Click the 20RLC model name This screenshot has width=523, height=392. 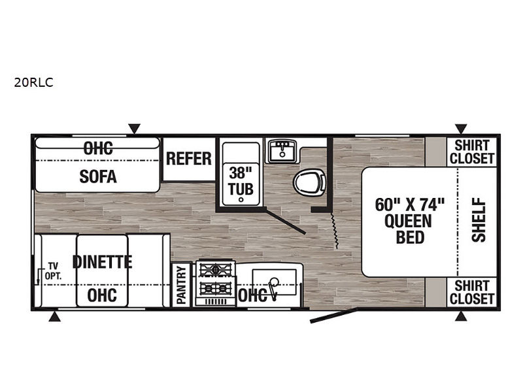[x=33, y=82]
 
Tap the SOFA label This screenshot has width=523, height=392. [x=98, y=176]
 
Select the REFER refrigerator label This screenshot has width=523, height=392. [x=189, y=159]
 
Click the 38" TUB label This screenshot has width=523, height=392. [x=241, y=182]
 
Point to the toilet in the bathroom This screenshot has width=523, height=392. [x=309, y=182]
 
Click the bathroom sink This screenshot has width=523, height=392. [x=282, y=152]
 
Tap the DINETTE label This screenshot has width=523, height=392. [x=103, y=262]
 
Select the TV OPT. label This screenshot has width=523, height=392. [x=53, y=271]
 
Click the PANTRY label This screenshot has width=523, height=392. [x=181, y=285]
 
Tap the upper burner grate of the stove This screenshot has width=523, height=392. [x=215, y=269]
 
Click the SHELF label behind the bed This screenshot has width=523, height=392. [x=479, y=220]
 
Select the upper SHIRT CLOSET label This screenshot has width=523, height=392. [x=471, y=152]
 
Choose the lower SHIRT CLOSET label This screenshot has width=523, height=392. [x=471, y=292]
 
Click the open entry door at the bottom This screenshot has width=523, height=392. [x=333, y=316]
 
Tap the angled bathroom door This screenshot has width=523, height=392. [x=286, y=221]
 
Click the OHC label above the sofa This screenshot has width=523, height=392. [x=98, y=148]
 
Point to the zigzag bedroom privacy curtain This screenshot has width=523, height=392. [x=334, y=230]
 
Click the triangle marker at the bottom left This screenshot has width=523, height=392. [x=55, y=317]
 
